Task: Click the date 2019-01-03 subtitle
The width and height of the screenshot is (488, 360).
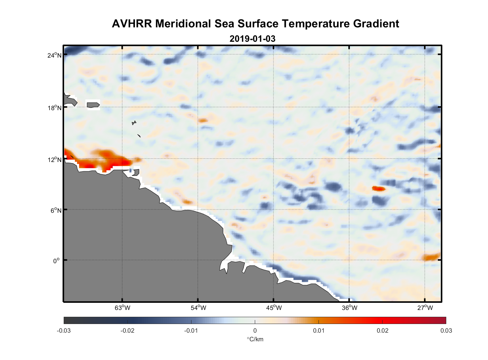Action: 252,39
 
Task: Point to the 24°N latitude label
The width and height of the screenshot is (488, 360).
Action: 54,55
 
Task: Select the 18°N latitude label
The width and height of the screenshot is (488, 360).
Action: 54,108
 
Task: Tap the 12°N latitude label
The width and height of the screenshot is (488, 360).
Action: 54,159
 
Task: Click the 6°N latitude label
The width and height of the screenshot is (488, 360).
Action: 56,210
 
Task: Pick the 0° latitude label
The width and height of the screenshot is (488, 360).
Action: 57,261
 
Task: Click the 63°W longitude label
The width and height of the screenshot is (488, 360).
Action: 122,308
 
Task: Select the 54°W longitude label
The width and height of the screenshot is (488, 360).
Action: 198,308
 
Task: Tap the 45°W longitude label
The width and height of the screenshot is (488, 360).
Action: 274,308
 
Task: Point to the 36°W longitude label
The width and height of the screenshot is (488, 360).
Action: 349,308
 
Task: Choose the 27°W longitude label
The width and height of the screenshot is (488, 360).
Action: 425,308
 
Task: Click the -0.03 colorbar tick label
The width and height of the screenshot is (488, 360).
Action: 64,331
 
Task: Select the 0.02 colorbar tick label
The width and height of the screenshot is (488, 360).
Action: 383,331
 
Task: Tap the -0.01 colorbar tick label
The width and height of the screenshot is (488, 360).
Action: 191,331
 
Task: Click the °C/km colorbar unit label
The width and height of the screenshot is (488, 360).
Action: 255,339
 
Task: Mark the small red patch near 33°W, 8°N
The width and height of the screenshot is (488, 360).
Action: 378,188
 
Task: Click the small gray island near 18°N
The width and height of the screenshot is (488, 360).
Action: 93,105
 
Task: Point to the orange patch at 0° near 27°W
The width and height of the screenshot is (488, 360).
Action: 431,257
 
